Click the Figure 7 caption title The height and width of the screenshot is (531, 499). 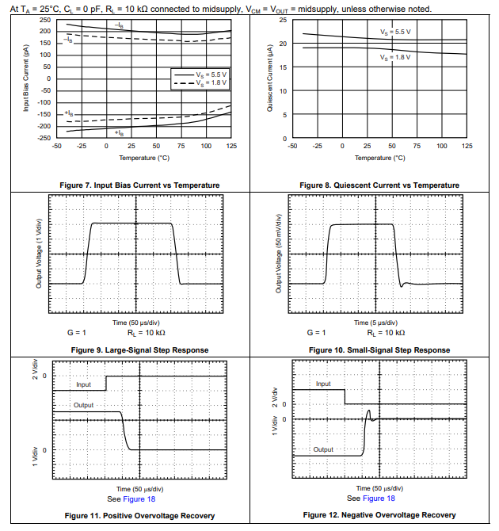pos(139,185)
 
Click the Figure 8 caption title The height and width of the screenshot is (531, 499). pos(379,185)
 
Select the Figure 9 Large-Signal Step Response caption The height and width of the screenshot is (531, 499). pos(139,350)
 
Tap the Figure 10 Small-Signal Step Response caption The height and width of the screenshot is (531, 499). pos(379,350)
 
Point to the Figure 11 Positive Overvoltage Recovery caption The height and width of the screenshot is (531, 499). pos(139,515)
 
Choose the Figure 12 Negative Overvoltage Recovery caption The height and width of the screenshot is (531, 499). pos(379,515)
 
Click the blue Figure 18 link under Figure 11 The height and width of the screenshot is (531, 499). pos(139,500)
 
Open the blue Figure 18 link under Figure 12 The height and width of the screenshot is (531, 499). pos(379,499)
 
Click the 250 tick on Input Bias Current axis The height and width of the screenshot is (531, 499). pos(45,19)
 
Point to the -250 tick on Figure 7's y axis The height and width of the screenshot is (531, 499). pos(44,138)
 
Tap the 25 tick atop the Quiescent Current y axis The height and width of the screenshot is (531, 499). pos(283,19)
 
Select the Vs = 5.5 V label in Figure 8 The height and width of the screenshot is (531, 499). pos(395,32)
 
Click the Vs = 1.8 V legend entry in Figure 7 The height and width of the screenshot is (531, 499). pos(211,82)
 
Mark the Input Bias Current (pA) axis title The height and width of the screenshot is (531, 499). pos(25,79)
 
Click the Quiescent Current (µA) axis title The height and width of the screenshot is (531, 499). pos(269,79)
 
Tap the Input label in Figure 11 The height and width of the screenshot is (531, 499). pos(83,385)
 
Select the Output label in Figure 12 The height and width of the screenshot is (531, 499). pos(323,449)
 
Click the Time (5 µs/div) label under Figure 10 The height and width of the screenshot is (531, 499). pos(379,323)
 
